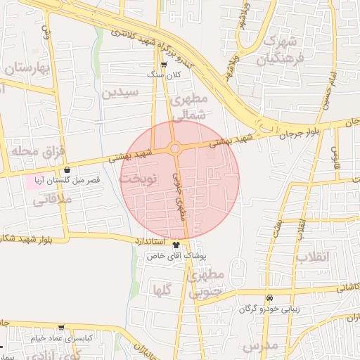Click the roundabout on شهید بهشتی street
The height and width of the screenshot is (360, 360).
[174, 148]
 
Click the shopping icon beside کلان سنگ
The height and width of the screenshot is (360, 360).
[164, 64]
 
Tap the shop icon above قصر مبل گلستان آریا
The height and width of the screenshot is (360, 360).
[67, 169]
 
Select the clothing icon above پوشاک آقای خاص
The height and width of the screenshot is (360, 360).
[176, 245]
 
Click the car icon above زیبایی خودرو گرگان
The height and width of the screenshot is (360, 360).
[270, 298]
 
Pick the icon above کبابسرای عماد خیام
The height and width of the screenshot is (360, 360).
[61, 328]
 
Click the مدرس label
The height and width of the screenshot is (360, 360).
[259, 346]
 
